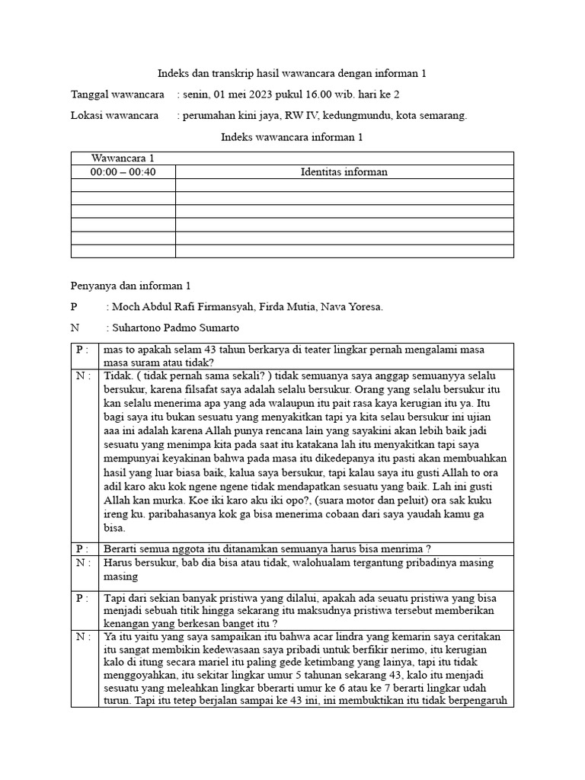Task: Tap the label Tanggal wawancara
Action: tap(117, 94)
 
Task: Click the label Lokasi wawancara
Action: tap(114, 116)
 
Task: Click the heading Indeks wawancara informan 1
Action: tap(292, 137)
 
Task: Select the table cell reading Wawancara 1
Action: tap(123, 158)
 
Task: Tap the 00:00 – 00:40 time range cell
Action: tap(123, 172)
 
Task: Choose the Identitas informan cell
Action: tap(344, 172)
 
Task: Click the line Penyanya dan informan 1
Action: tap(130, 286)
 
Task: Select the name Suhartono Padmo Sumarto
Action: tap(174, 328)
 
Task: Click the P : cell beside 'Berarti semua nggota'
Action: tap(84, 548)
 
